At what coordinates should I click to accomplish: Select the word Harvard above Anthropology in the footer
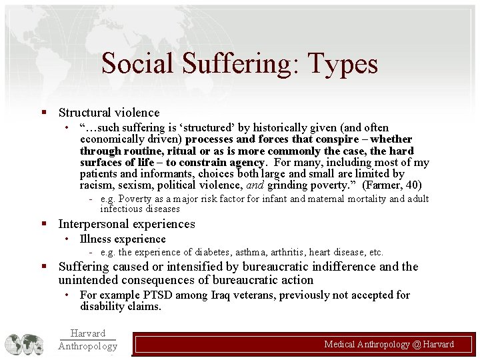[87, 333]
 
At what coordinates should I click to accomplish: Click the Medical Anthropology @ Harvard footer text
[389, 344]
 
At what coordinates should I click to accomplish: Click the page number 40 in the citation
[414, 185]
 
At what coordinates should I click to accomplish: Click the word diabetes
[220, 252]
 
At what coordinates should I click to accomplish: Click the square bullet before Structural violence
[43, 113]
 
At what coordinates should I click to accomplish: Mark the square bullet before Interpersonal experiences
[43, 225]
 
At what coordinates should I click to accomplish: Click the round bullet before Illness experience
[67, 239]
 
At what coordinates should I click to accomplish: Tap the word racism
[95, 185]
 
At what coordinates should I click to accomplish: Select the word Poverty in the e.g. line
[135, 199]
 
